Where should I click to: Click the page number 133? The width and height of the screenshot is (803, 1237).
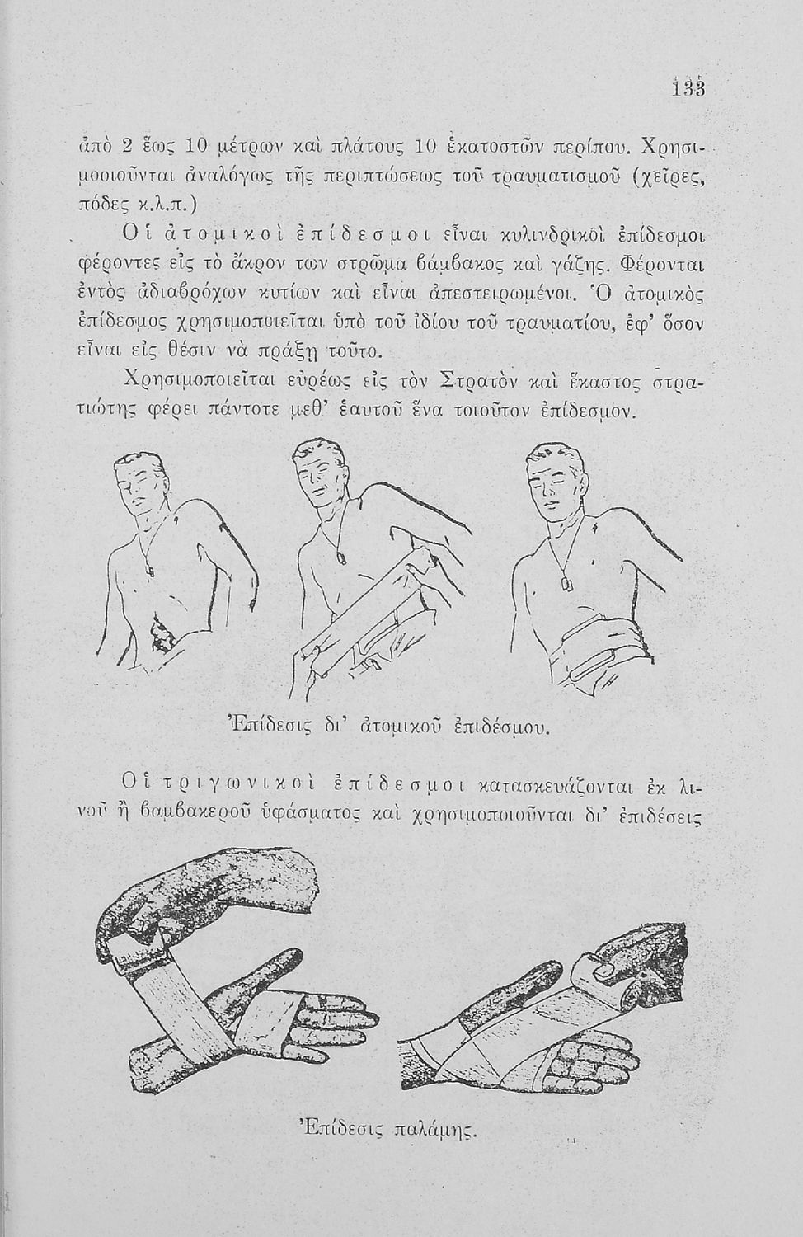point(688,88)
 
